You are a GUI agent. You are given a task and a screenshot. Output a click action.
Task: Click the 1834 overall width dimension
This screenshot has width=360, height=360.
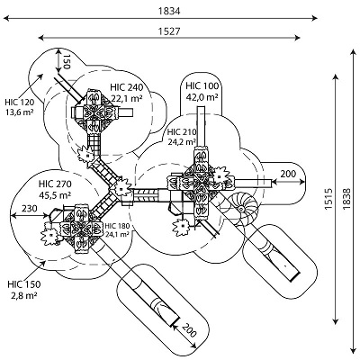point(169,11)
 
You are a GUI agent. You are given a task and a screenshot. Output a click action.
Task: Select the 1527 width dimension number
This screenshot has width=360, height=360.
point(169,31)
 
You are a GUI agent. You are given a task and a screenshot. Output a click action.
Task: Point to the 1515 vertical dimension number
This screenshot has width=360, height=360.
point(329,199)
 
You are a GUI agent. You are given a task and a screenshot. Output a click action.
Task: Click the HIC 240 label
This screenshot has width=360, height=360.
point(127,87)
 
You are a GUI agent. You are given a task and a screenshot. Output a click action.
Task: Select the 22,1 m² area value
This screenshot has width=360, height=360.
point(127,98)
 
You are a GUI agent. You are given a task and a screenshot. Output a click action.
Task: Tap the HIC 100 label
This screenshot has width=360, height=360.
point(202,85)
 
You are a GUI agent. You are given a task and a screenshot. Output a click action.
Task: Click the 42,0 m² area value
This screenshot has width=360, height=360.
point(202,97)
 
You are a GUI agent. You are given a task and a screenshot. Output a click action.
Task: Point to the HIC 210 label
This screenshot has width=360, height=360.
point(182,132)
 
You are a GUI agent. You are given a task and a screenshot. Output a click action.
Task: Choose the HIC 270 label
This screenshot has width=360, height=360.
point(55,184)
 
